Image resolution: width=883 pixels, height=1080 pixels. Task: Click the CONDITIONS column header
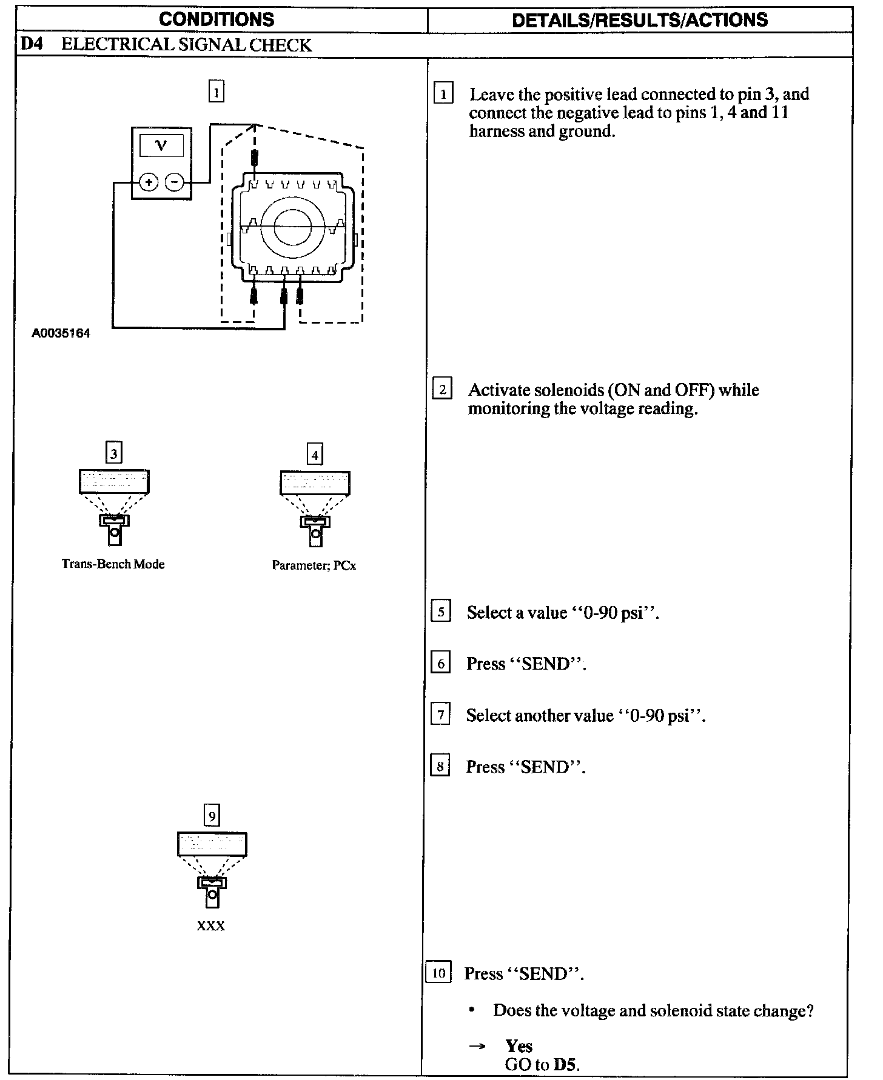[x=217, y=19]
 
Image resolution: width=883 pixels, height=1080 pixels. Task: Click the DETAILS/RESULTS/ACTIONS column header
[x=639, y=20]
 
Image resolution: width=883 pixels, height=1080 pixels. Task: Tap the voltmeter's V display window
[x=161, y=145]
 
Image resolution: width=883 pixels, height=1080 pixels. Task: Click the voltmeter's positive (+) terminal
[x=149, y=182]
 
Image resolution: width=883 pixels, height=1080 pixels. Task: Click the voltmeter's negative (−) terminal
[x=175, y=182]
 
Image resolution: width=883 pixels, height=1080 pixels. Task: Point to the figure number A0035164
[x=61, y=333]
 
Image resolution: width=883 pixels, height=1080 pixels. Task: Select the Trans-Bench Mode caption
[x=113, y=564]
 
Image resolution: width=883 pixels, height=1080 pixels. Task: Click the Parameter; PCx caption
[x=314, y=565]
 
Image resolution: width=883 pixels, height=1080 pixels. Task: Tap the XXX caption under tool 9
[x=211, y=926]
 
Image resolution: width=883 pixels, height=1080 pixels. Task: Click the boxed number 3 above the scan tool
[x=113, y=453]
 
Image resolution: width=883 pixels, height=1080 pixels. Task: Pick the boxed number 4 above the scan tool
[x=315, y=455]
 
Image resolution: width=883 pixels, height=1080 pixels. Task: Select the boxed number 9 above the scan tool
[x=212, y=816]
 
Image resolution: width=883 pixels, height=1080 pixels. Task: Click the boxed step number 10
[x=439, y=973]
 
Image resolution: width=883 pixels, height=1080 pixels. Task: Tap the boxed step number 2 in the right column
[x=442, y=388]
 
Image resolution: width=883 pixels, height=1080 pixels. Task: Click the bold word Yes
[x=519, y=1046]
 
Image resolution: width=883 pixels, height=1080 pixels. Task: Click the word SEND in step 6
[x=546, y=664]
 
